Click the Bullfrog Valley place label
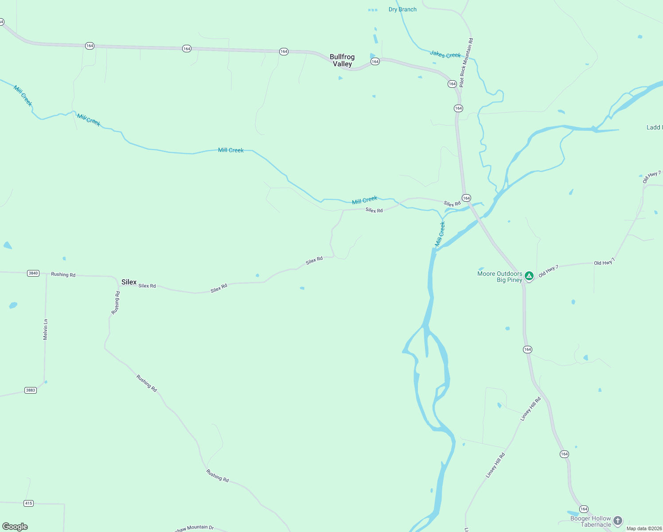pyautogui.click(x=342, y=60)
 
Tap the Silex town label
pyautogui.click(x=129, y=282)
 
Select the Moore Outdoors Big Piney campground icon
pyautogui.click(x=529, y=276)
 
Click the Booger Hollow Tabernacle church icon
pyautogui.click(x=618, y=521)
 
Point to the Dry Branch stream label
pyautogui.click(x=402, y=9)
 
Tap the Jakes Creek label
pyautogui.click(x=445, y=55)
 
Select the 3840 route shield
pyautogui.click(x=33, y=273)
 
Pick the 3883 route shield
pyautogui.click(x=31, y=390)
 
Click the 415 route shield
pyautogui.click(x=28, y=503)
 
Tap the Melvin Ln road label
pyautogui.click(x=45, y=329)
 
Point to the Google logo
pyautogui.click(x=15, y=527)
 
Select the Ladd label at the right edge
pyautogui.click(x=654, y=127)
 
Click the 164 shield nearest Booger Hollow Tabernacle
pyautogui.click(x=584, y=509)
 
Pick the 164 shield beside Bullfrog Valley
pyautogui.click(x=375, y=62)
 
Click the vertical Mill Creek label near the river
pyautogui.click(x=440, y=234)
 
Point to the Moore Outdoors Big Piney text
pyautogui.click(x=500, y=277)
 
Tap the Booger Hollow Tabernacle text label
pyautogui.click(x=590, y=521)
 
